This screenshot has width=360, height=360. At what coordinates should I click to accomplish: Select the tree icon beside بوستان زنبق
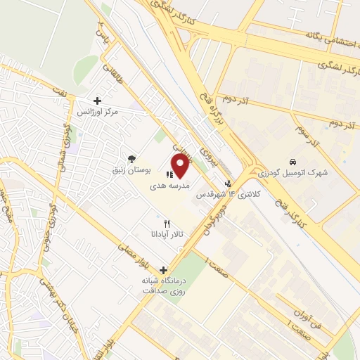pyautogui.click(x=131, y=157)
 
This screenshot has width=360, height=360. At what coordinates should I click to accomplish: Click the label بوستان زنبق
pyautogui.click(x=131, y=169)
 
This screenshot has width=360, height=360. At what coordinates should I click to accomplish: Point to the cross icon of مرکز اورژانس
pyautogui.click(x=97, y=101)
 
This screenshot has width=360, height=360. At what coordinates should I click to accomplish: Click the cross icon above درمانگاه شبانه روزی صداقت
pyautogui.click(x=163, y=269)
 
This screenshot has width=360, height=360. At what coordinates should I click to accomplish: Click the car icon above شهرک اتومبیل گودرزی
pyautogui.click(x=293, y=160)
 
